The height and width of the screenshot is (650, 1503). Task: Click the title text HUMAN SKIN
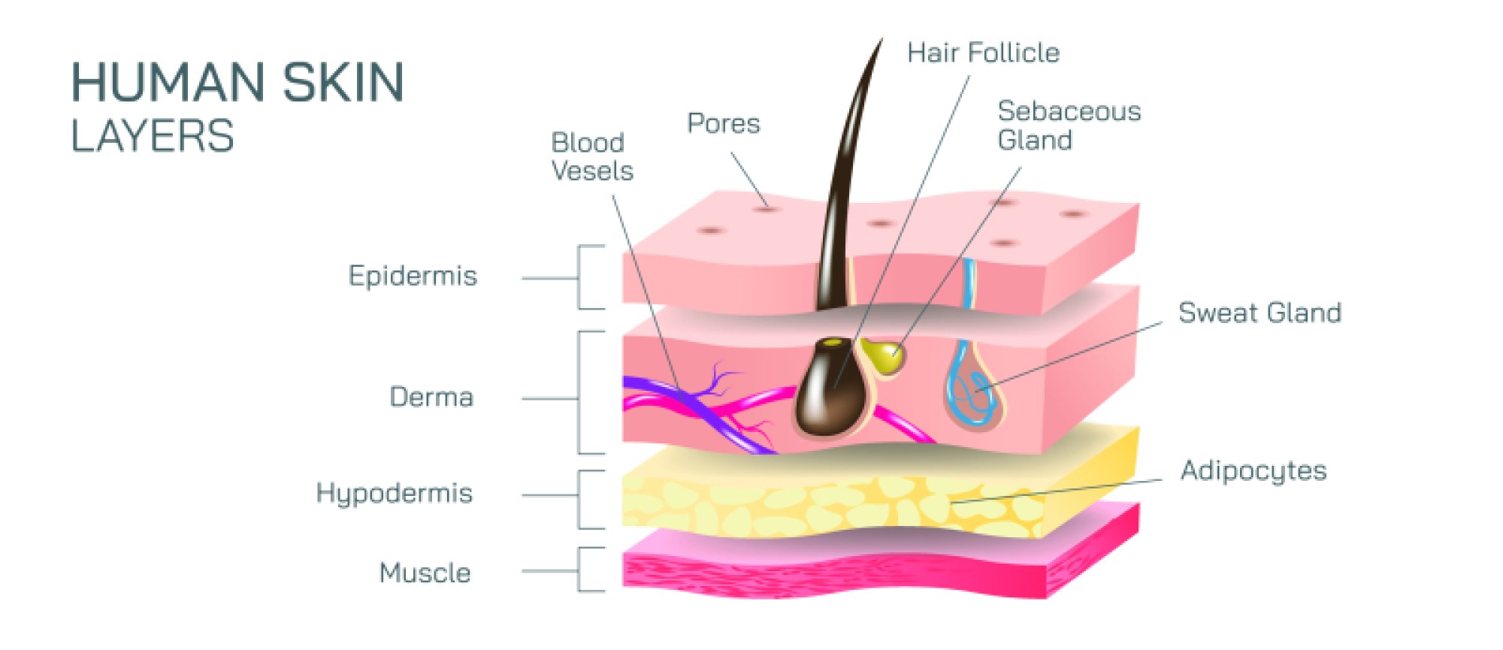[x=237, y=83]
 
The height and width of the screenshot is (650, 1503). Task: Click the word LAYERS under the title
[x=153, y=137]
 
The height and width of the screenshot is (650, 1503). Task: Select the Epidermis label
[x=413, y=277]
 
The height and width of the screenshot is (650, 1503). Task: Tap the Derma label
[x=431, y=398]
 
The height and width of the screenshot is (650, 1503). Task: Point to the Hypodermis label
[x=394, y=494]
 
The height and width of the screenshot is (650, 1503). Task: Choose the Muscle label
[x=425, y=573]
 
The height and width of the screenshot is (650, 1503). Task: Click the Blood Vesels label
[x=592, y=157]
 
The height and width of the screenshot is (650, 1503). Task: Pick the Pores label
[x=723, y=124]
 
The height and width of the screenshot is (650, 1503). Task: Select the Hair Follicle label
[x=983, y=53]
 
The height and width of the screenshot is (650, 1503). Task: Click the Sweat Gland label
[x=1260, y=313]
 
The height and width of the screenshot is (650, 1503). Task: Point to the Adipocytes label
[x=1254, y=471]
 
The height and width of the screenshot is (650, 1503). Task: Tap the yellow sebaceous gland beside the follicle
[x=885, y=355]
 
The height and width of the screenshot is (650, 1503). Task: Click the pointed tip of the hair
[x=880, y=42]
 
